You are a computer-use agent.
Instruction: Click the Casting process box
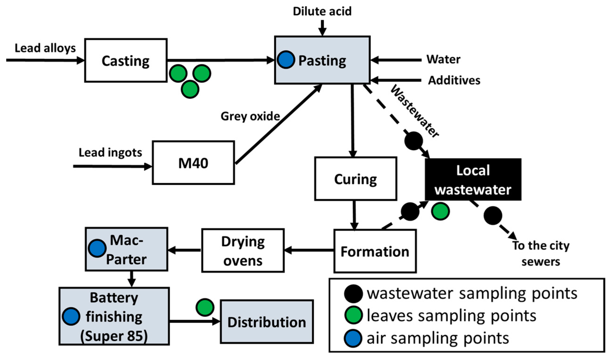pyautogui.click(x=126, y=60)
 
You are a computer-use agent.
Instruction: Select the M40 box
pyautogui.click(x=193, y=163)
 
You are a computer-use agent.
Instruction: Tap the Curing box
pyautogui.click(x=355, y=179)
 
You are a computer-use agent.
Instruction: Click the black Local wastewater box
pyautogui.click(x=473, y=179)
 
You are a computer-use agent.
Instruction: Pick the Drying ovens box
pyautogui.click(x=243, y=250)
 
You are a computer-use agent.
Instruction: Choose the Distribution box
pyautogui.click(x=267, y=322)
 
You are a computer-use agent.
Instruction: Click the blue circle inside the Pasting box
pyautogui.click(x=286, y=60)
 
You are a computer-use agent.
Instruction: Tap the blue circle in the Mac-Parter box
pyautogui.click(x=97, y=248)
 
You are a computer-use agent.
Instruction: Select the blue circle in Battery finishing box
pyautogui.click(x=71, y=316)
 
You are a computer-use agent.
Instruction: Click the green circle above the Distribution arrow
pyautogui.click(x=205, y=307)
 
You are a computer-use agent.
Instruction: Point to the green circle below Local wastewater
pyautogui.click(x=440, y=211)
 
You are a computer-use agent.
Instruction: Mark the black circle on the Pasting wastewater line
pyautogui.click(x=413, y=141)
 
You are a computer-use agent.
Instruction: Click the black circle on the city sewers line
pyautogui.click(x=493, y=215)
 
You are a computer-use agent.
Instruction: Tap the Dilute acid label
pyautogui.click(x=322, y=11)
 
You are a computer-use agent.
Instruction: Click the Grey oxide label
pyautogui.click(x=250, y=116)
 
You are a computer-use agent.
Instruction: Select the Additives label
pyautogui.click(x=454, y=80)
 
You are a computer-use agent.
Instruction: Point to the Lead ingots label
pyautogui.click(x=110, y=153)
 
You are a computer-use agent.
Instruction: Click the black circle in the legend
pyautogui.click(x=353, y=294)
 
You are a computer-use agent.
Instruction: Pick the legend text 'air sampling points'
pyautogui.click(x=438, y=338)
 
